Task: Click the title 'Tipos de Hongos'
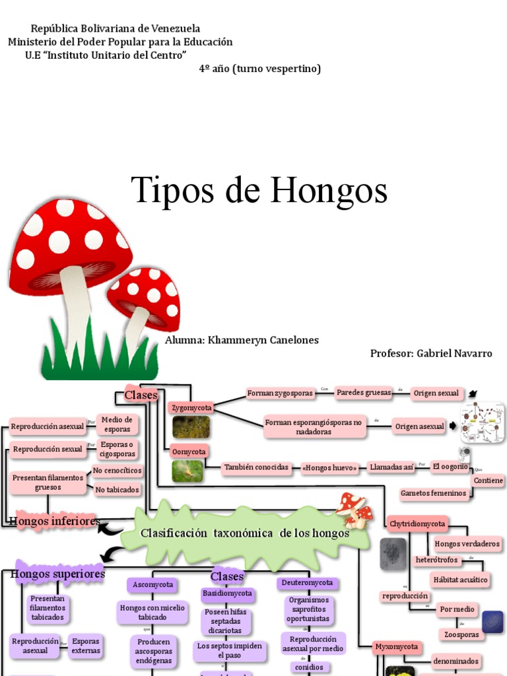[x=259, y=190]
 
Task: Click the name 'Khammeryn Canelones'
[x=263, y=340]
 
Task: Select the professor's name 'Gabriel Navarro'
[x=454, y=353]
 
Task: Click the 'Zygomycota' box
[x=191, y=408]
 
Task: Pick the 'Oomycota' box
[x=189, y=452]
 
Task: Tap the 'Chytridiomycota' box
[x=418, y=524]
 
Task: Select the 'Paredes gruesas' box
[x=364, y=393]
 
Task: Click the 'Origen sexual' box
[x=436, y=393]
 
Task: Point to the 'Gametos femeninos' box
[x=433, y=493]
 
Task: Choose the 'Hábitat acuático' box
[x=460, y=580]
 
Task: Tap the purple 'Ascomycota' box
[x=153, y=585]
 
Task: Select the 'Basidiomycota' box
[x=227, y=593]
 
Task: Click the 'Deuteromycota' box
[x=308, y=583]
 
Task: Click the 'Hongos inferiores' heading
[x=55, y=522]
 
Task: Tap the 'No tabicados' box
[x=118, y=490]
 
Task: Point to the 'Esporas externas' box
[x=86, y=646]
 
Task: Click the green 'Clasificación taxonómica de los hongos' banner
[x=245, y=533]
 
